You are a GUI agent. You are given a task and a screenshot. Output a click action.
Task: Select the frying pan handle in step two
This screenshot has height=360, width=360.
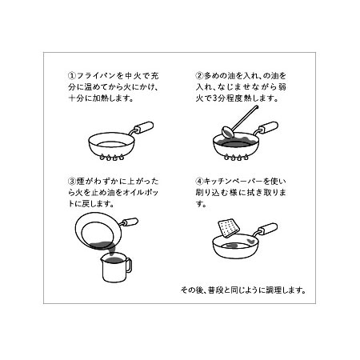(x=269, y=126)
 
